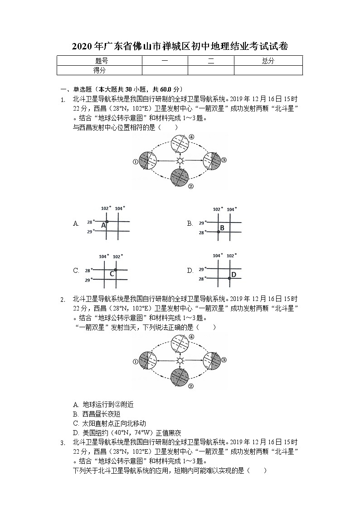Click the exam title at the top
click(180, 47)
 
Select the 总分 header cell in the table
click(268, 61)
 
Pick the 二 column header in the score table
click(211, 61)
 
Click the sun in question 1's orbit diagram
click(180, 160)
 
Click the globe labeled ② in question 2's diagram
click(180, 378)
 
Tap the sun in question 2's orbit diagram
click(180, 361)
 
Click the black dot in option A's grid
click(107, 221)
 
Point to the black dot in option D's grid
click(229, 278)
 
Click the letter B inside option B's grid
click(222, 228)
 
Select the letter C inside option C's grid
click(112, 274)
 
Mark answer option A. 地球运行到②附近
click(103, 404)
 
